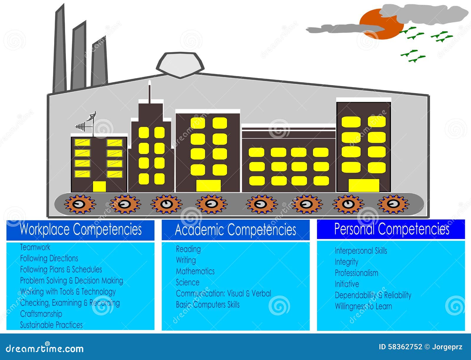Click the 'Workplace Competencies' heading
point(80,229)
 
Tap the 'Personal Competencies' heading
point(392,229)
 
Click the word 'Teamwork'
point(35,247)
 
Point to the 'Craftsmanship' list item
point(41,314)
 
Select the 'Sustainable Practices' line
point(51,325)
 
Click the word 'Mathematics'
point(195,271)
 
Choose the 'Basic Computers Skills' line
point(208,305)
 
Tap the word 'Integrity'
point(346,262)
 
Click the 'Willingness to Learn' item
point(363,306)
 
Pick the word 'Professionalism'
point(356,273)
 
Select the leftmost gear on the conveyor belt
point(80,204)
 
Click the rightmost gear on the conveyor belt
point(393,204)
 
